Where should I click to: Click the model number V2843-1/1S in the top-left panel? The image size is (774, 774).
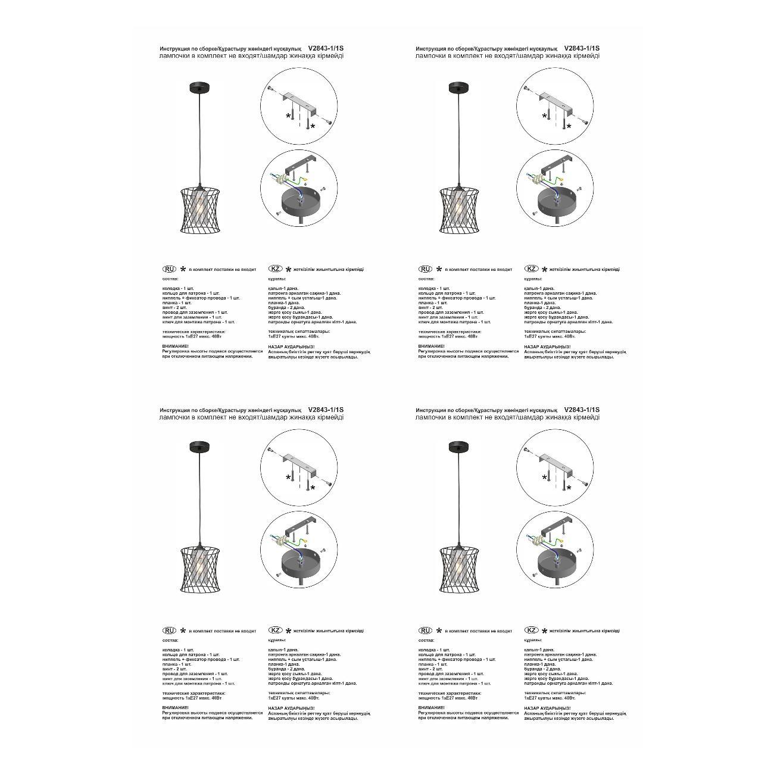[326, 48]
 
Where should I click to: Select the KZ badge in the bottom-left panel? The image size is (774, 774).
[275, 630]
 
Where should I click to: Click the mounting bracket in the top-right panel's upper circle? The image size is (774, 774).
[555, 101]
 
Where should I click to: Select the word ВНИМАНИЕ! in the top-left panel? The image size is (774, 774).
[175, 346]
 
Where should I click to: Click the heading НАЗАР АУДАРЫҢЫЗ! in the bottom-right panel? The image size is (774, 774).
[547, 708]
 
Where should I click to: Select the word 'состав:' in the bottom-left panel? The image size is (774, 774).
[170, 640]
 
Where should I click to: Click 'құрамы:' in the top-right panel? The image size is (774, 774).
[533, 279]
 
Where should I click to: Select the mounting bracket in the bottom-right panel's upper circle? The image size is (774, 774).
[555, 462]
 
